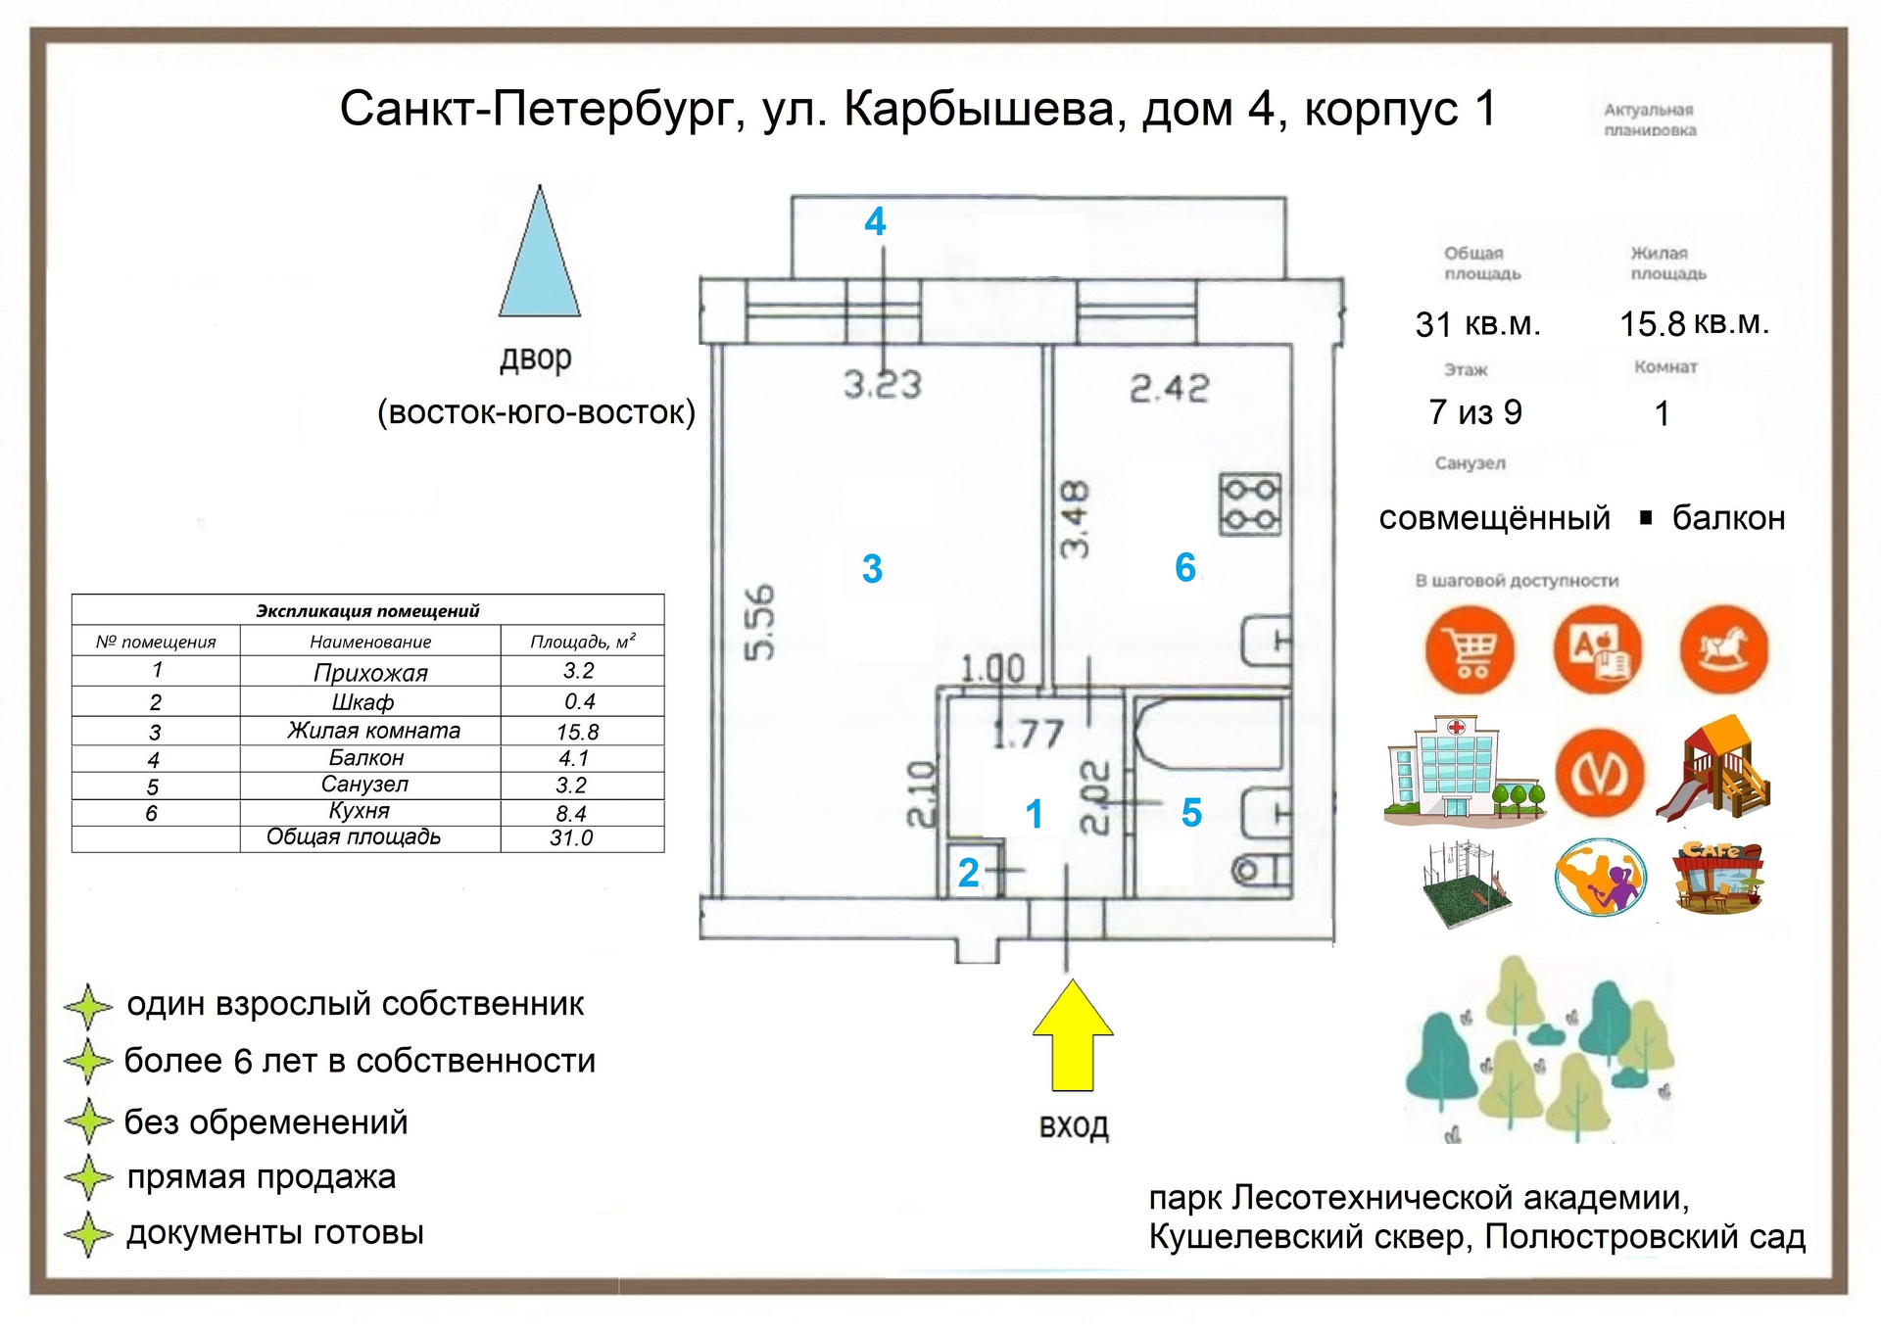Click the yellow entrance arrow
(x=1072, y=1038)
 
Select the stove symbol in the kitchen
(x=1250, y=505)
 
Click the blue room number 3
(x=872, y=569)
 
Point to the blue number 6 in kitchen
(x=1185, y=568)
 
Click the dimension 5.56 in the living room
(x=760, y=622)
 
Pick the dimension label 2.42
(x=1169, y=389)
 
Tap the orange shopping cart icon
(x=1470, y=650)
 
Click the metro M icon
(x=1600, y=774)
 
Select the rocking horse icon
(x=1724, y=649)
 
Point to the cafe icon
(x=1718, y=877)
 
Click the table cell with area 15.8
(x=578, y=732)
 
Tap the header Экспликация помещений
(x=367, y=611)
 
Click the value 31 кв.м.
(x=1477, y=324)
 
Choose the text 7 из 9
(x=1475, y=412)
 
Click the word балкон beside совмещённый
(x=1728, y=518)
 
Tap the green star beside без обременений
(x=88, y=1121)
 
